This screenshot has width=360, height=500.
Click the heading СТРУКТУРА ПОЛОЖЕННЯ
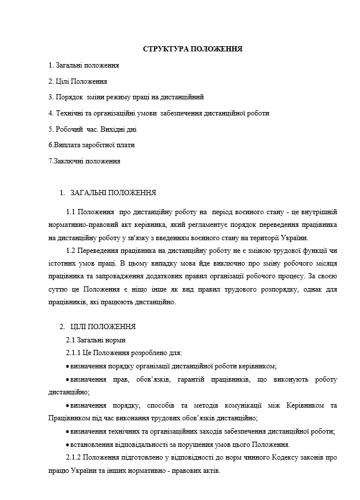point(192,49)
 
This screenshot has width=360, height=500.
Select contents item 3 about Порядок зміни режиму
point(126,97)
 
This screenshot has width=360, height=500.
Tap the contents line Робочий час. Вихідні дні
point(92,129)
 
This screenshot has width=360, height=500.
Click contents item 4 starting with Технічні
point(159,113)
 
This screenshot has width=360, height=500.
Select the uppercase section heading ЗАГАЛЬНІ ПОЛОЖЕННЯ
point(113,192)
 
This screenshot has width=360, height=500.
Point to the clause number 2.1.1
point(74,353)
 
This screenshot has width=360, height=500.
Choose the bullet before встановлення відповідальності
point(67,445)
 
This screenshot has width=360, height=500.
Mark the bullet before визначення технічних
point(67,431)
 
